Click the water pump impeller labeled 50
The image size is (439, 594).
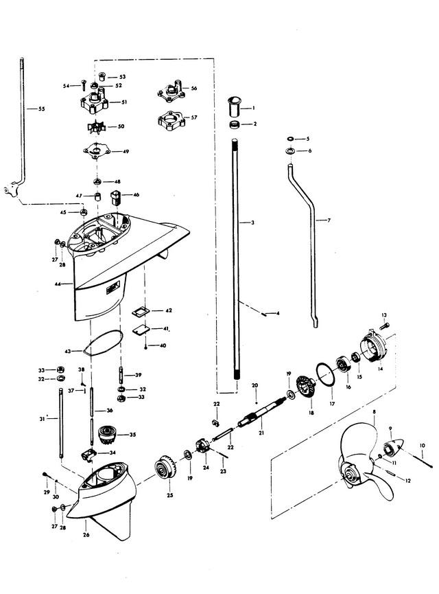[96, 127]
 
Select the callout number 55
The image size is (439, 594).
[41, 108]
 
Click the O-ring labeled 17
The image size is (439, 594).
[325, 375]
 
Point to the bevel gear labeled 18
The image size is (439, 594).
[306, 387]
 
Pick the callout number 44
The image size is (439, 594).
[58, 284]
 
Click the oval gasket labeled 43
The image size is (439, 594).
[103, 343]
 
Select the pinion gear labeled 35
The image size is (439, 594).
[106, 434]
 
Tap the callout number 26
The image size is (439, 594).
[86, 535]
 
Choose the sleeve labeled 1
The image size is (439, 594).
[234, 108]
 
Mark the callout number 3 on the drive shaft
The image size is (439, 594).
[253, 222]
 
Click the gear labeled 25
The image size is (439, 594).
[166, 468]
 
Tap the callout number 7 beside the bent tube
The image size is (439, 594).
[329, 220]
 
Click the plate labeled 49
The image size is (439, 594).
[97, 151]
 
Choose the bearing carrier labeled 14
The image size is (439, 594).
[373, 346]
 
